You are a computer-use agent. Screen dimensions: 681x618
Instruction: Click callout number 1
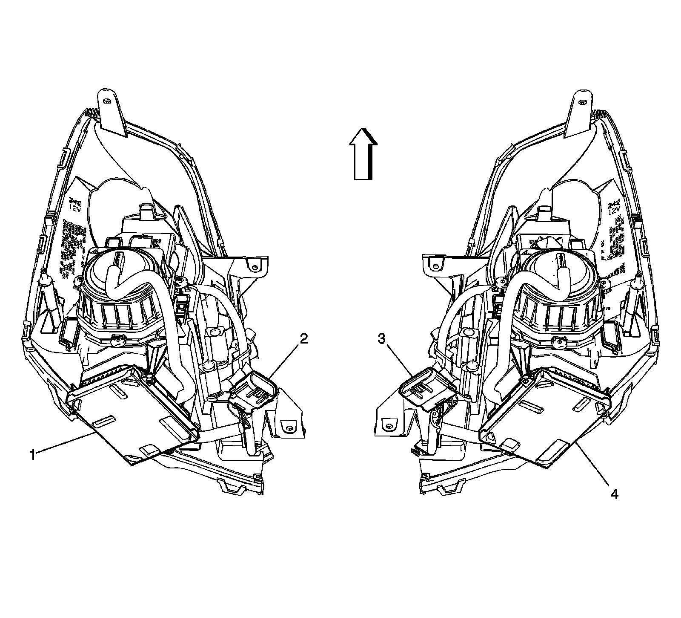[x=32, y=455]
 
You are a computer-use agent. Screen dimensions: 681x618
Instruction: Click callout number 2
[x=303, y=339]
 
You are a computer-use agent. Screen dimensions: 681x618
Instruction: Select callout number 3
[x=382, y=339]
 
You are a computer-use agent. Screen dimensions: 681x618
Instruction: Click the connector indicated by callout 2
[x=253, y=390]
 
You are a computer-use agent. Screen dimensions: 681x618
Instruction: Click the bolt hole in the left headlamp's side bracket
[x=254, y=267]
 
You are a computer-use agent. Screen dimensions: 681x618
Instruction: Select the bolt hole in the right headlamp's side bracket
[x=435, y=267]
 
